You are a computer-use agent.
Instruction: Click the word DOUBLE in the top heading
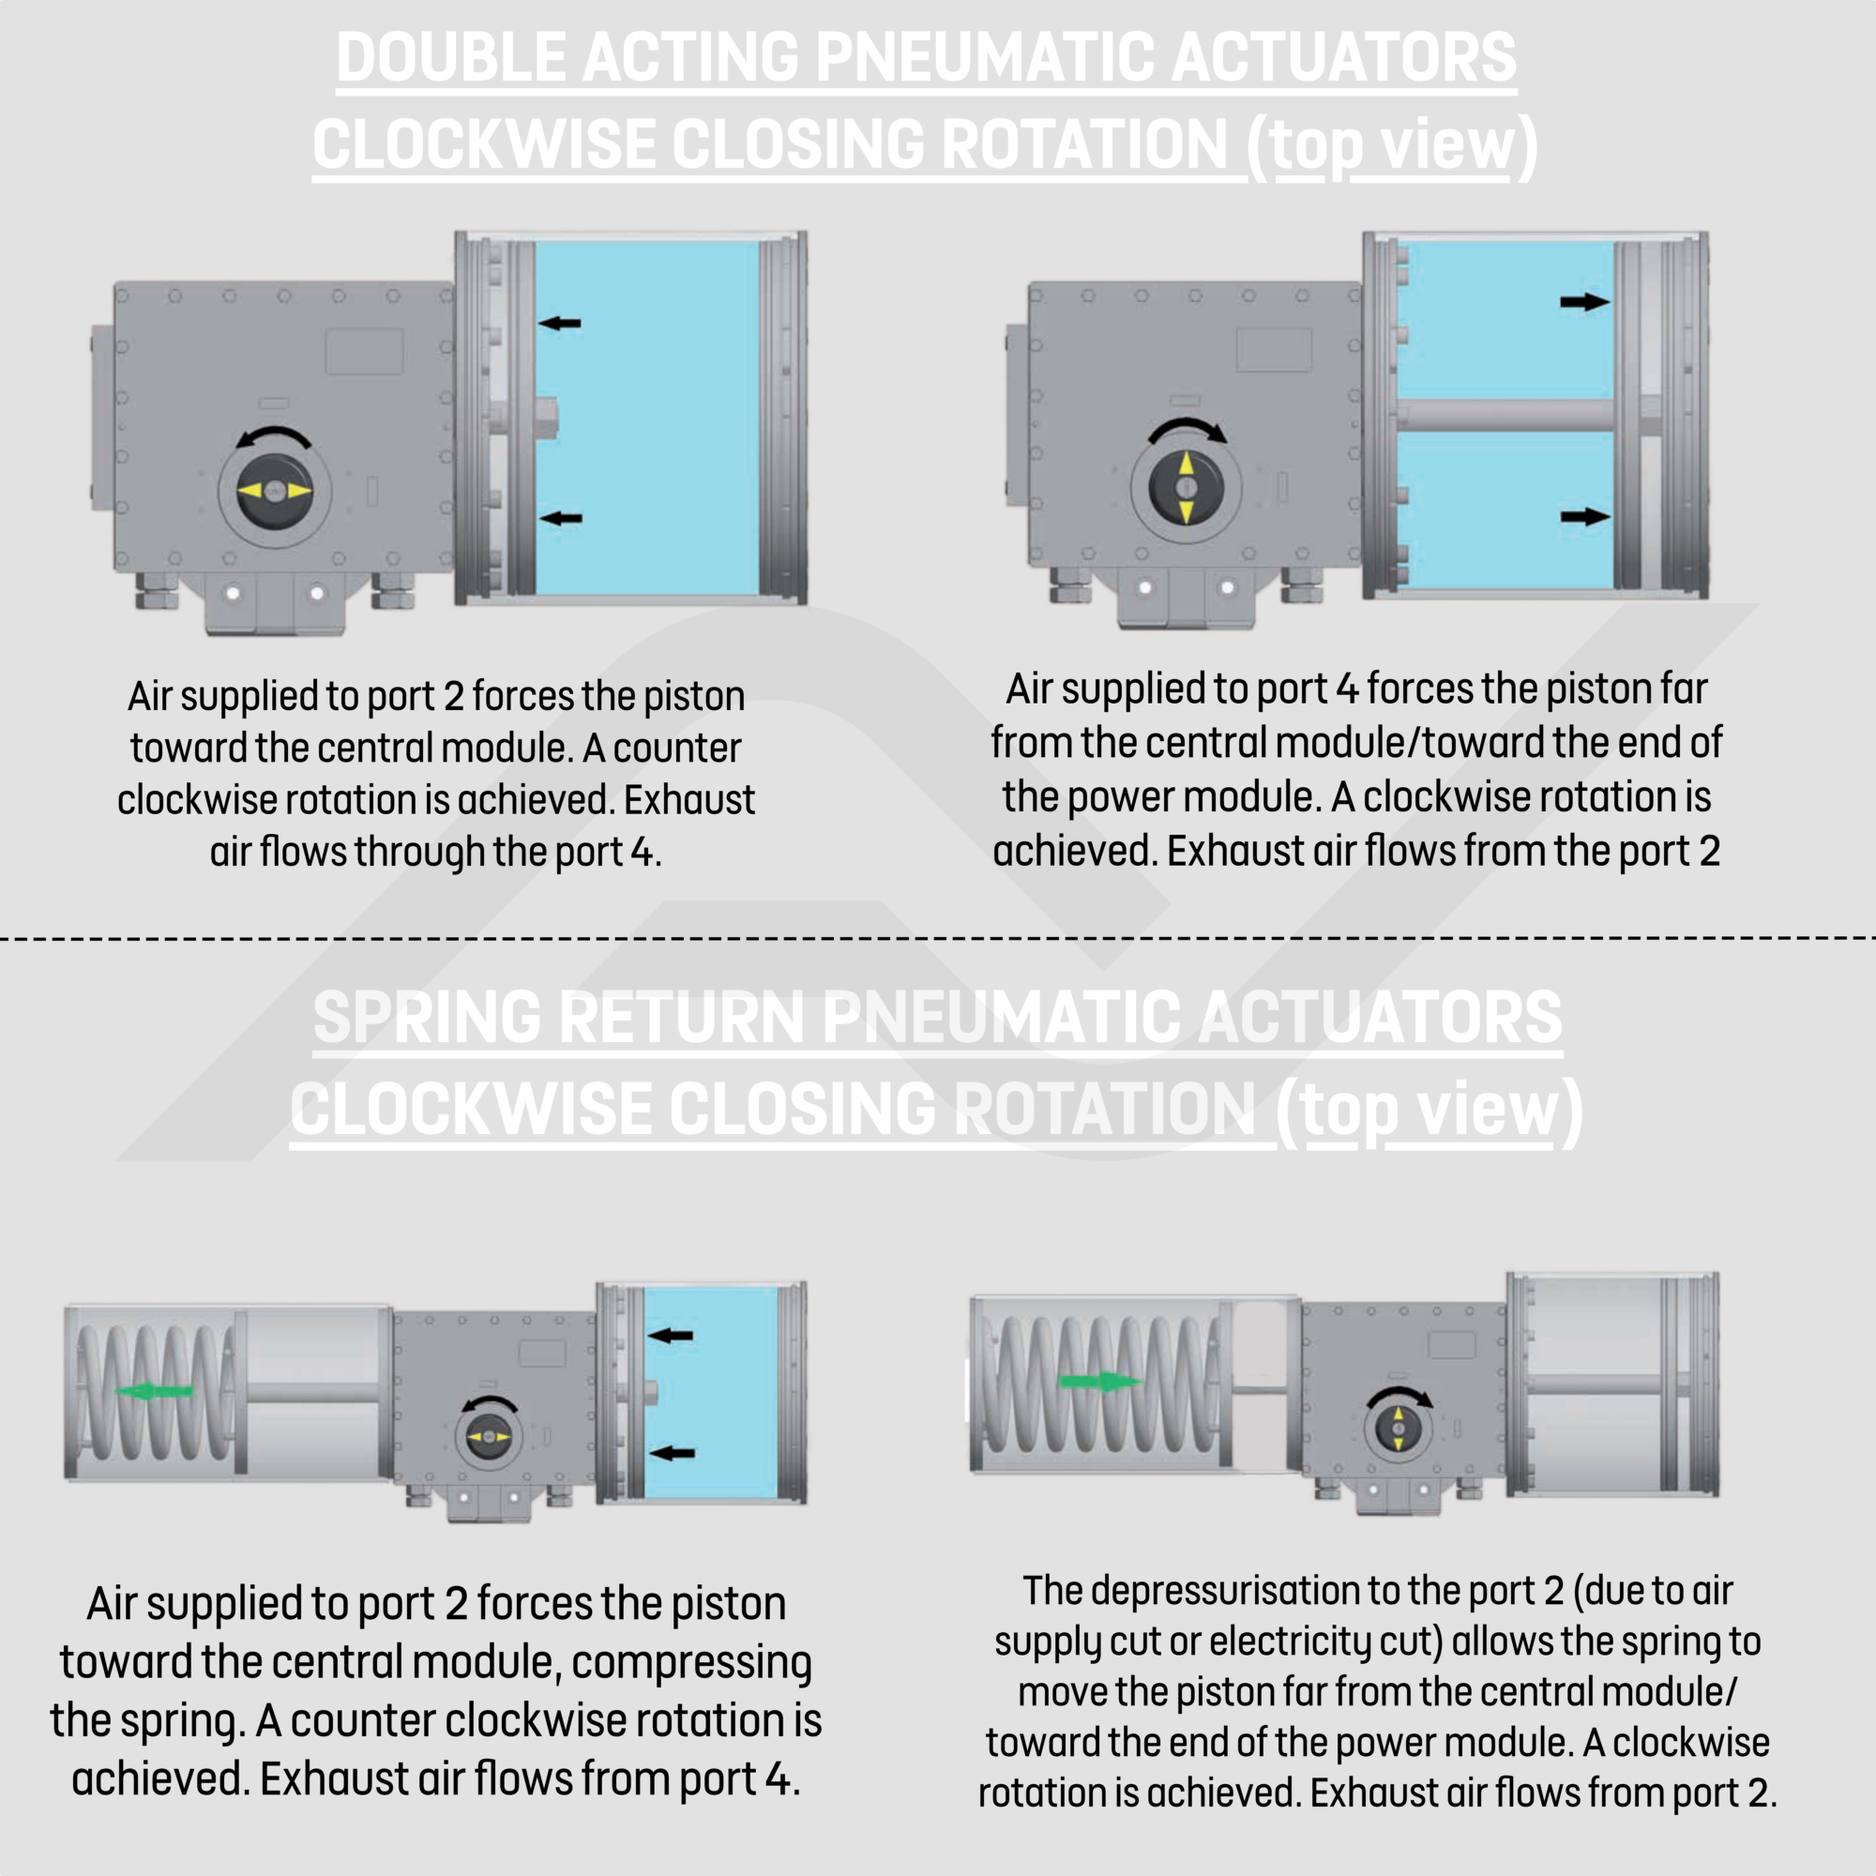point(450,57)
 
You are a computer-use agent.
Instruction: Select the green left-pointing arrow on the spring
point(154,1391)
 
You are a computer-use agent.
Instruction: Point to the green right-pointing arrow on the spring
point(1100,1381)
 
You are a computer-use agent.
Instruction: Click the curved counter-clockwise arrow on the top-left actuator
point(275,436)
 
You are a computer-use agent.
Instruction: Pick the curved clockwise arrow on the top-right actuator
point(1187,430)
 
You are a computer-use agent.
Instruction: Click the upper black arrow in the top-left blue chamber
point(560,323)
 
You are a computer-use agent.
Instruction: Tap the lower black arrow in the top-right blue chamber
point(1584,517)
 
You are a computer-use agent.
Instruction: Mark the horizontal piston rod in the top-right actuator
point(1505,415)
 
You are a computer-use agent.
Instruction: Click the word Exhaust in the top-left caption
point(688,800)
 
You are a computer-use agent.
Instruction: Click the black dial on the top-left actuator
point(275,492)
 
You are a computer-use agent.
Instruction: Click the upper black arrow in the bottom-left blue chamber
point(671,1336)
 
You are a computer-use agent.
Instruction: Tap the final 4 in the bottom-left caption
point(777,1778)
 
